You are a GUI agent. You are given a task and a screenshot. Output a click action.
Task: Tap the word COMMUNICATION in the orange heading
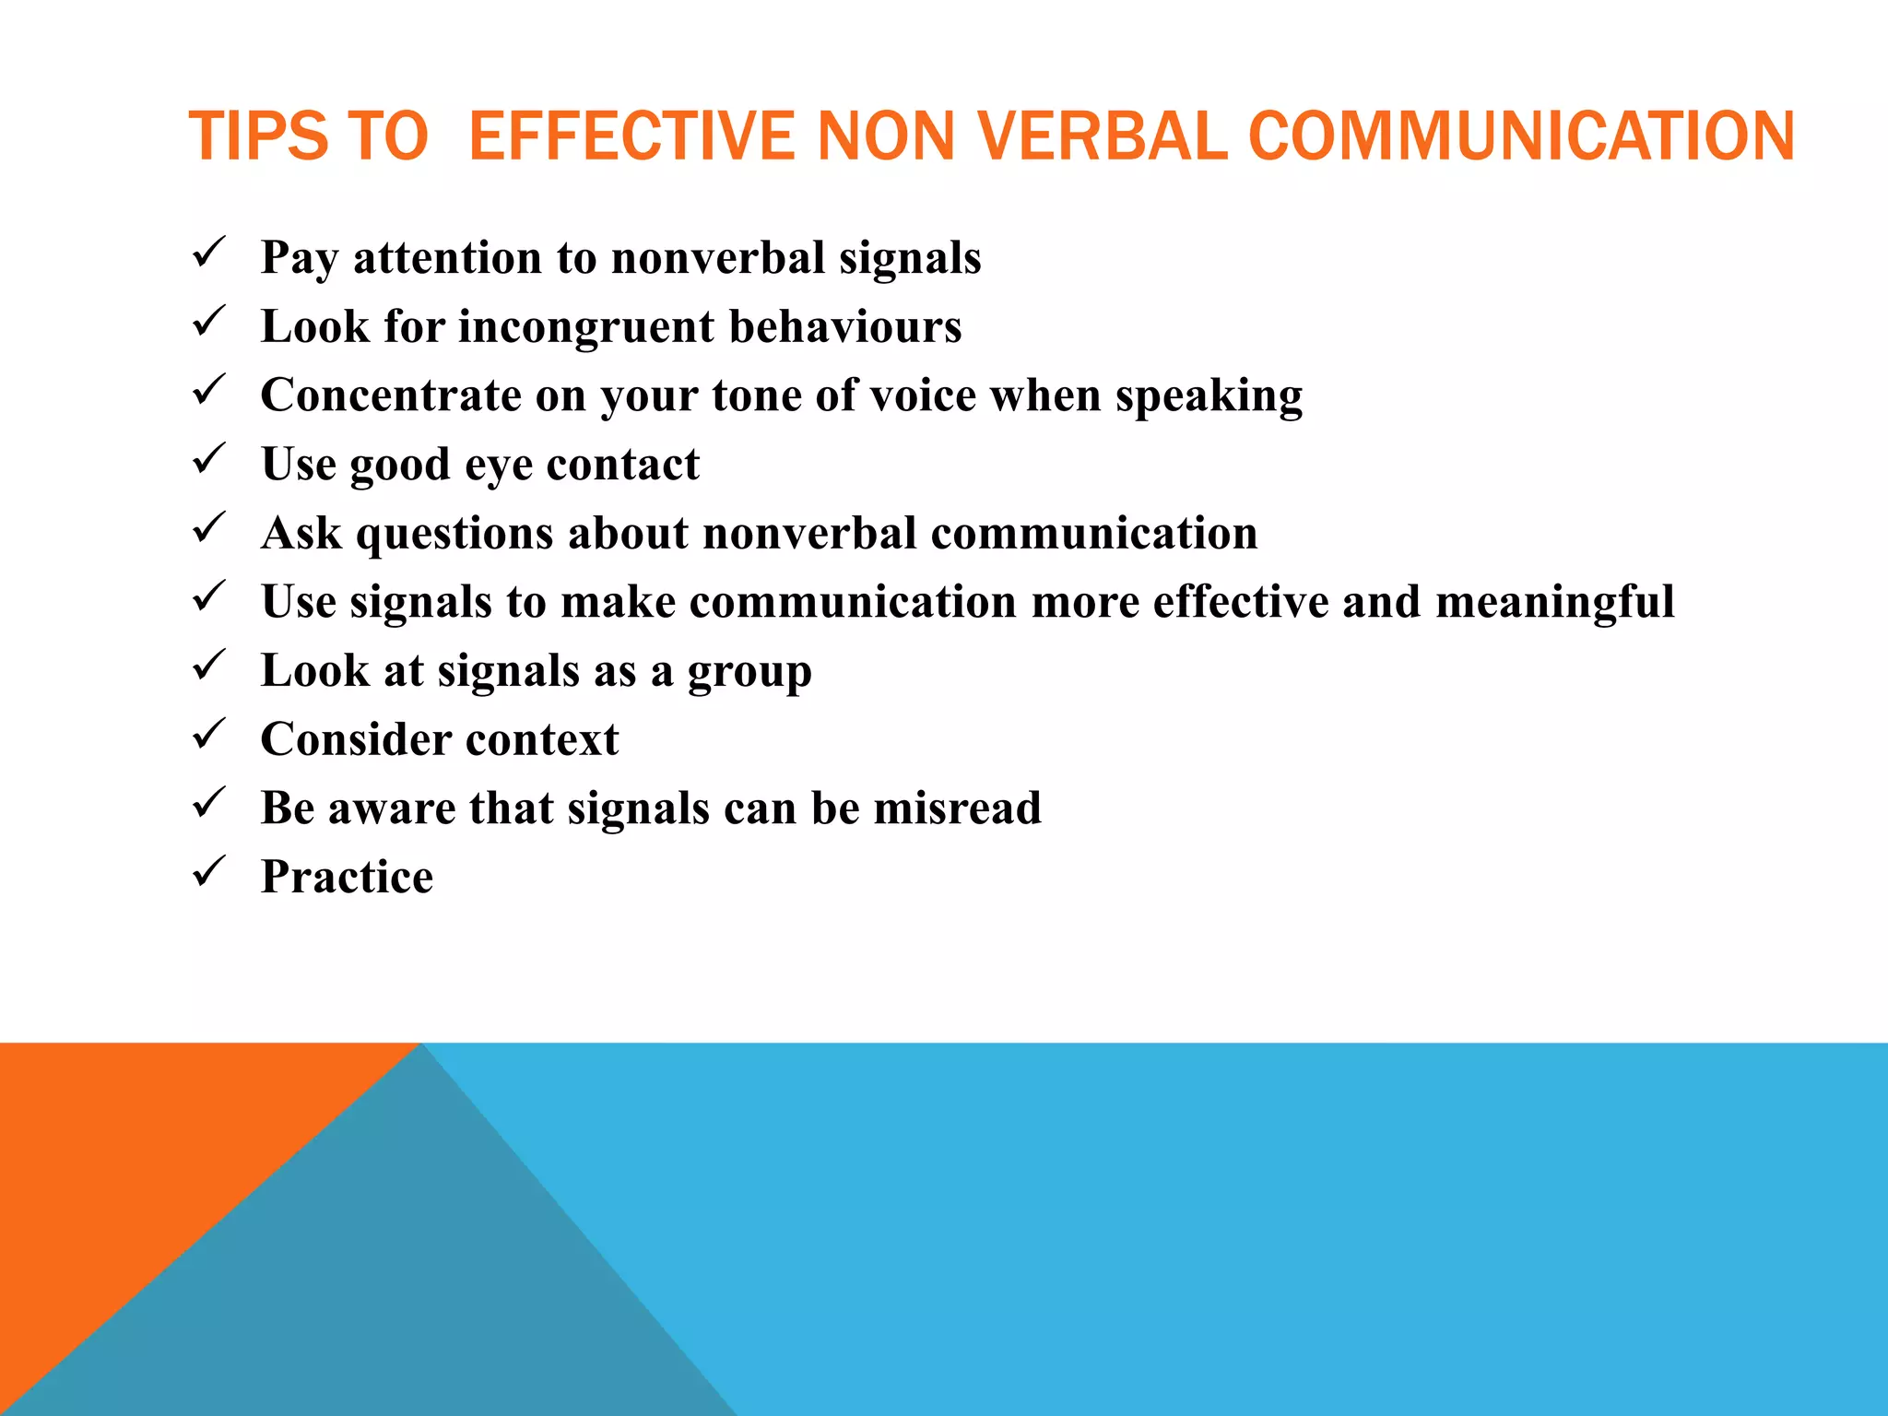[1521, 136]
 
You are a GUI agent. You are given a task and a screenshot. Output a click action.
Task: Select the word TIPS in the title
[258, 136]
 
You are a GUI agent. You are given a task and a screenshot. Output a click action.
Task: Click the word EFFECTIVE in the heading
[631, 136]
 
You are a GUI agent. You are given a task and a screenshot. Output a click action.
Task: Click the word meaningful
[1554, 602]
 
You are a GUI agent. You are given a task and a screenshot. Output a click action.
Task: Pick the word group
[749, 672]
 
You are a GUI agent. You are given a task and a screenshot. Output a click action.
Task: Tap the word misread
[957, 808]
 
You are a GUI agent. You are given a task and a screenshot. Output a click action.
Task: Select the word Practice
[347, 877]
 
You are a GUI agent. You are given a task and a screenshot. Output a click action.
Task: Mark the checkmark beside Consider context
[209, 734]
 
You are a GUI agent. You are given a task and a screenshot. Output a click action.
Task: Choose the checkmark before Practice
[209, 871]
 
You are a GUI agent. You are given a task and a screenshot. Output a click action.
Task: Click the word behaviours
[845, 326]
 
